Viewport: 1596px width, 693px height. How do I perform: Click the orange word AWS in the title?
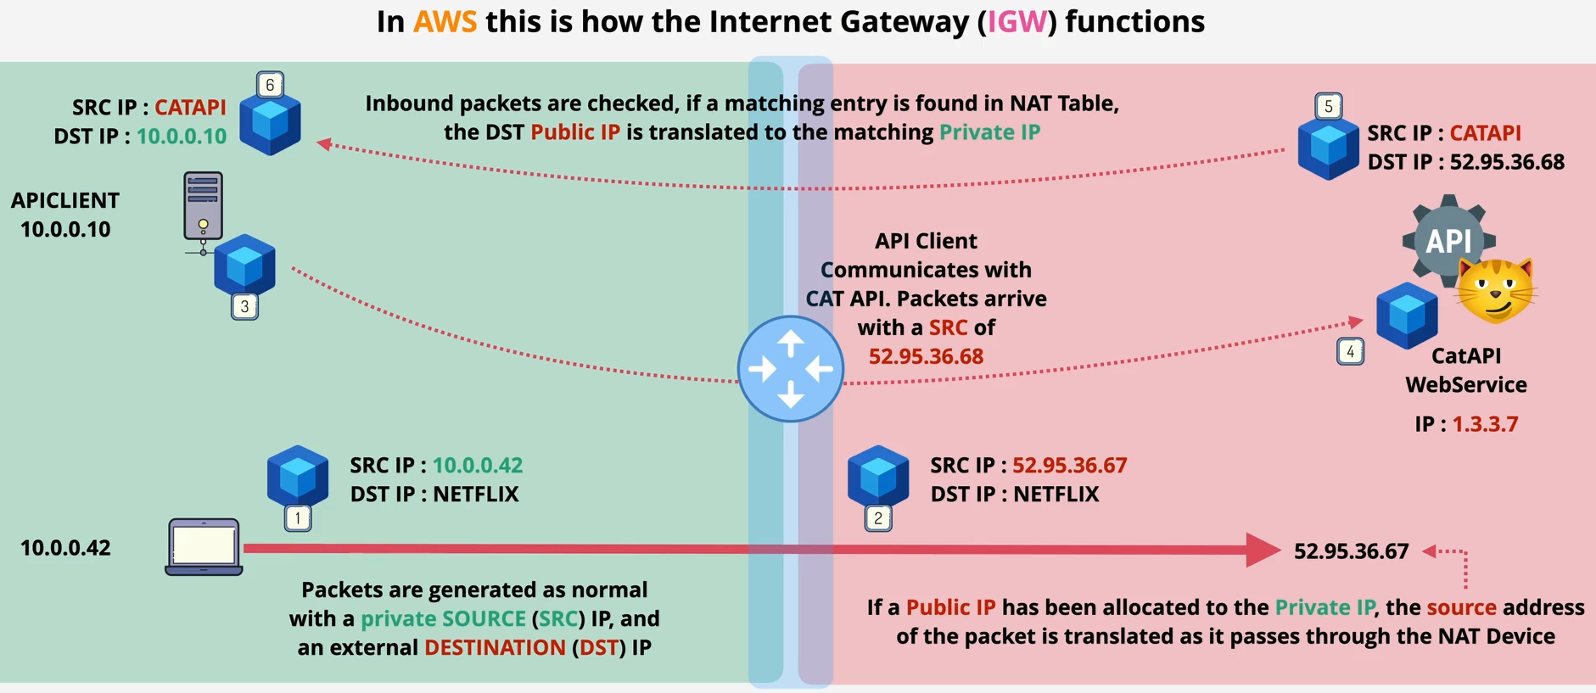(x=445, y=21)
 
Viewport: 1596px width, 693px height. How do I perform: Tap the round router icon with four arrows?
(x=790, y=369)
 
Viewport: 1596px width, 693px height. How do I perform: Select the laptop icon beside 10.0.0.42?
(x=204, y=547)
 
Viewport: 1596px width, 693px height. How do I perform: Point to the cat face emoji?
(x=1497, y=291)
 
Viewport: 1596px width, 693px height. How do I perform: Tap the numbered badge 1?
(x=298, y=517)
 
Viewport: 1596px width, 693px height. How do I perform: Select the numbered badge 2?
(x=878, y=517)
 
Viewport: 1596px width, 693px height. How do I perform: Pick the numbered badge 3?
(x=244, y=306)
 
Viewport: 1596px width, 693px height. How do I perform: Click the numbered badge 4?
(x=1350, y=351)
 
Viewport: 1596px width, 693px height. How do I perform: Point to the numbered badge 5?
(x=1328, y=106)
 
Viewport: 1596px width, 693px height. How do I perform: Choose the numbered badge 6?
(x=270, y=85)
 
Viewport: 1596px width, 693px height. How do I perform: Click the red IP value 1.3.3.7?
(x=1485, y=424)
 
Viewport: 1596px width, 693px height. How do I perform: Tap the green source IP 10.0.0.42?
(x=478, y=465)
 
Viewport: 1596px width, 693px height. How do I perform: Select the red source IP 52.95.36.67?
(x=1069, y=465)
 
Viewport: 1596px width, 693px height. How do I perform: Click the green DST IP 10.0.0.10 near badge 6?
(x=182, y=136)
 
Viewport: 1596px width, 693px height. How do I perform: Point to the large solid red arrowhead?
(x=1263, y=550)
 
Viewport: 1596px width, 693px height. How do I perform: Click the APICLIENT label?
(x=65, y=200)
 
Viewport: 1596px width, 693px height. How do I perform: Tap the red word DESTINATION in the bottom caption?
(x=495, y=647)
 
